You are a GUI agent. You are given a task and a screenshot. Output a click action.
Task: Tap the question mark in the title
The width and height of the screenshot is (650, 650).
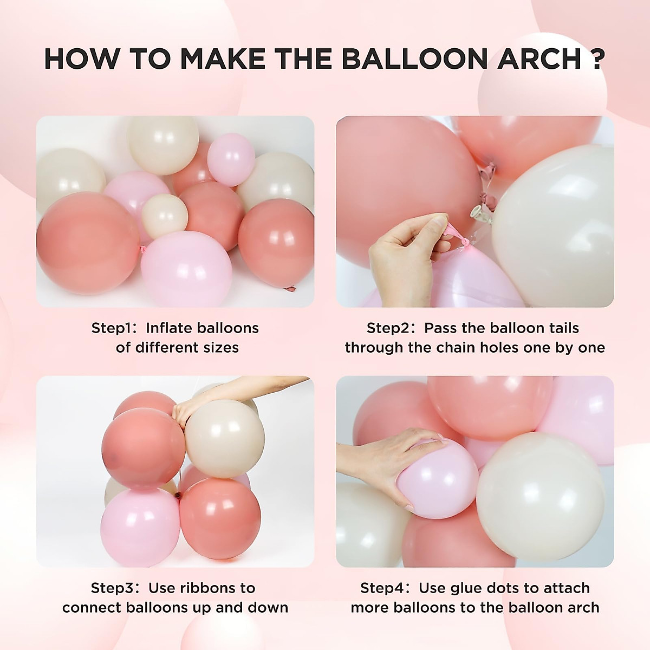(x=596, y=58)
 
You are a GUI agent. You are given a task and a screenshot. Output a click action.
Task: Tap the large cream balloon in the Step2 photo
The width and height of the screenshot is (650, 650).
(x=558, y=227)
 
